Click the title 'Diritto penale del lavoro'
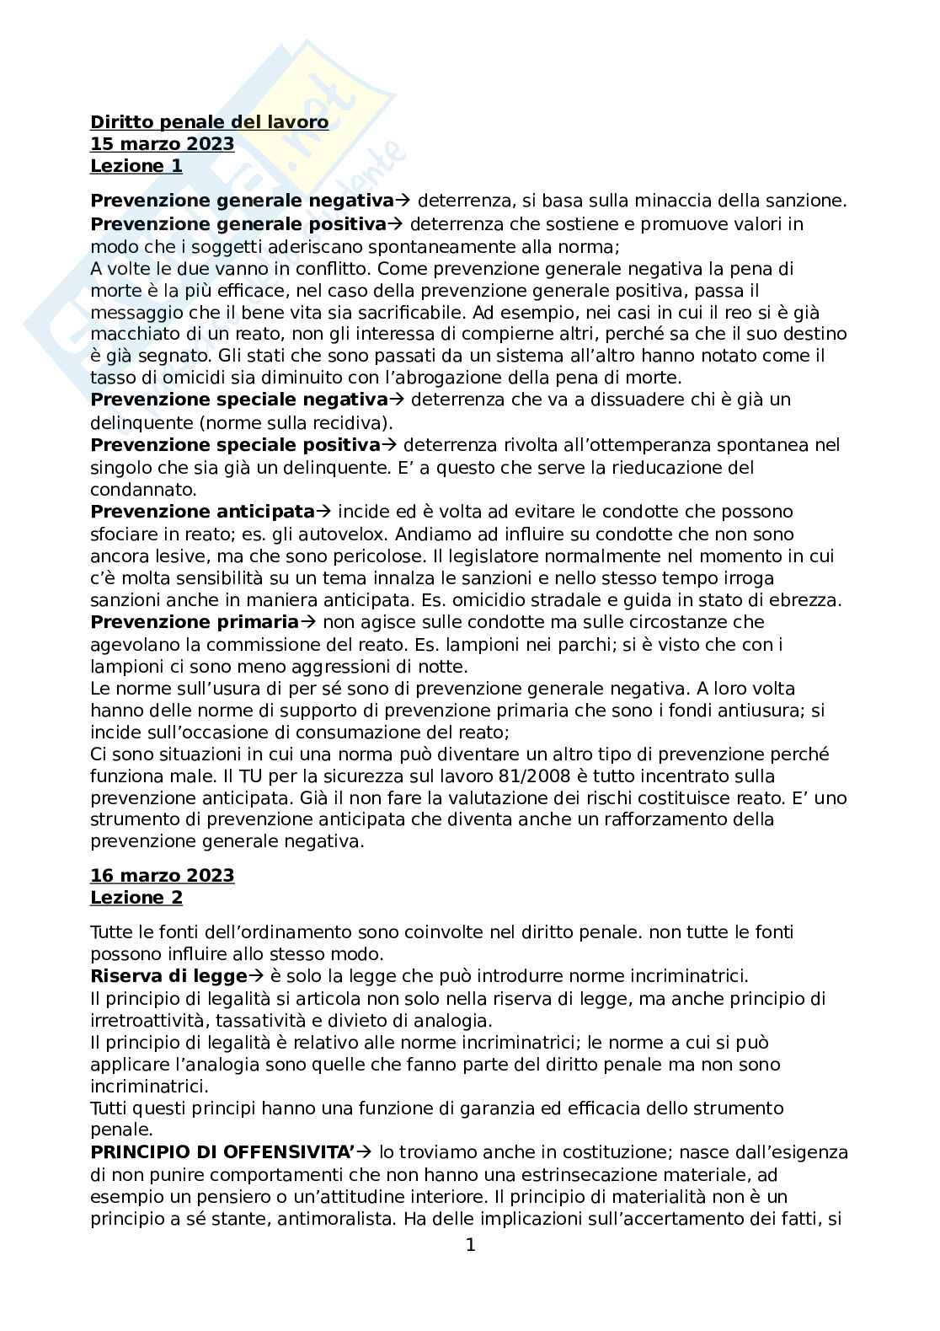click(x=209, y=123)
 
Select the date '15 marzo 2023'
click(x=162, y=144)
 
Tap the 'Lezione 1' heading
click(x=136, y=166)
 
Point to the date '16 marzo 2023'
click(x=162, y=876)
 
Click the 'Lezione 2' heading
click(x=136, y=898)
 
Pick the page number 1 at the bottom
click(x=471, y=1245)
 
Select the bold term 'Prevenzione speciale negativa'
click(x=238, y=400)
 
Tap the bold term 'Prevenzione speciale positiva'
click(x=235, y=445)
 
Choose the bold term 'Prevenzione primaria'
click(x=194, y=622)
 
